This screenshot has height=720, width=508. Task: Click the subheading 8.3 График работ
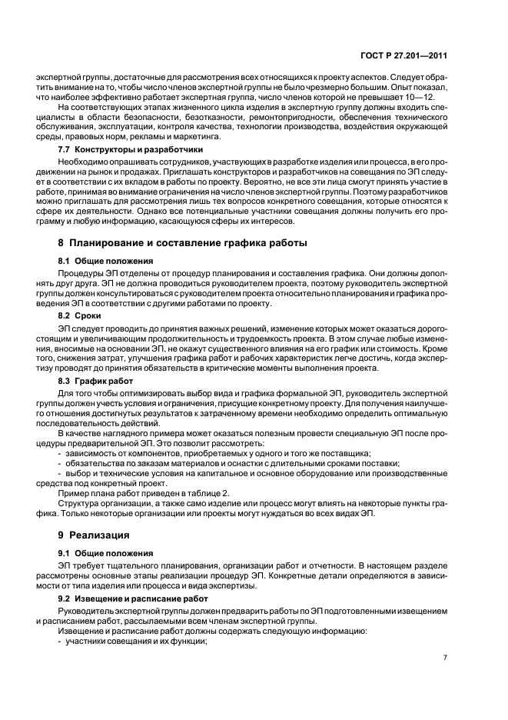coord(95,381)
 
